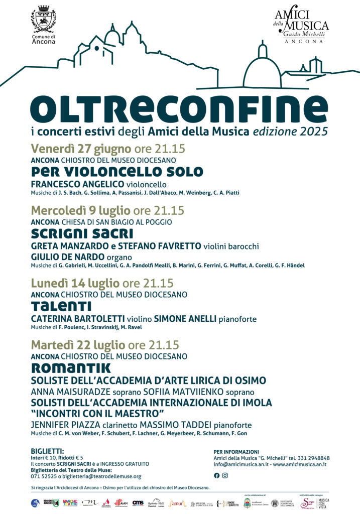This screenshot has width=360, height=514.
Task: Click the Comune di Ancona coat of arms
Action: (43, 20)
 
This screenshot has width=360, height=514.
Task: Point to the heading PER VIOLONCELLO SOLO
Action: (117, 172)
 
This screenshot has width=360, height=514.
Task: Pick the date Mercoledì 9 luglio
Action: (81, 210)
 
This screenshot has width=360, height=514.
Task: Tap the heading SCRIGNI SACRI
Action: (82, 234)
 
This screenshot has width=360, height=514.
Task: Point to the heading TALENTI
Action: (61, 306)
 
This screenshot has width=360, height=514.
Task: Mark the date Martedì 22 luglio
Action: (78, 345)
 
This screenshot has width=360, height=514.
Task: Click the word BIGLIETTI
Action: (47, 451)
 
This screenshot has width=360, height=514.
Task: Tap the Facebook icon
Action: (216, 475)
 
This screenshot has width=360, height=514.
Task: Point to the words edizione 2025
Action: (291, 132)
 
